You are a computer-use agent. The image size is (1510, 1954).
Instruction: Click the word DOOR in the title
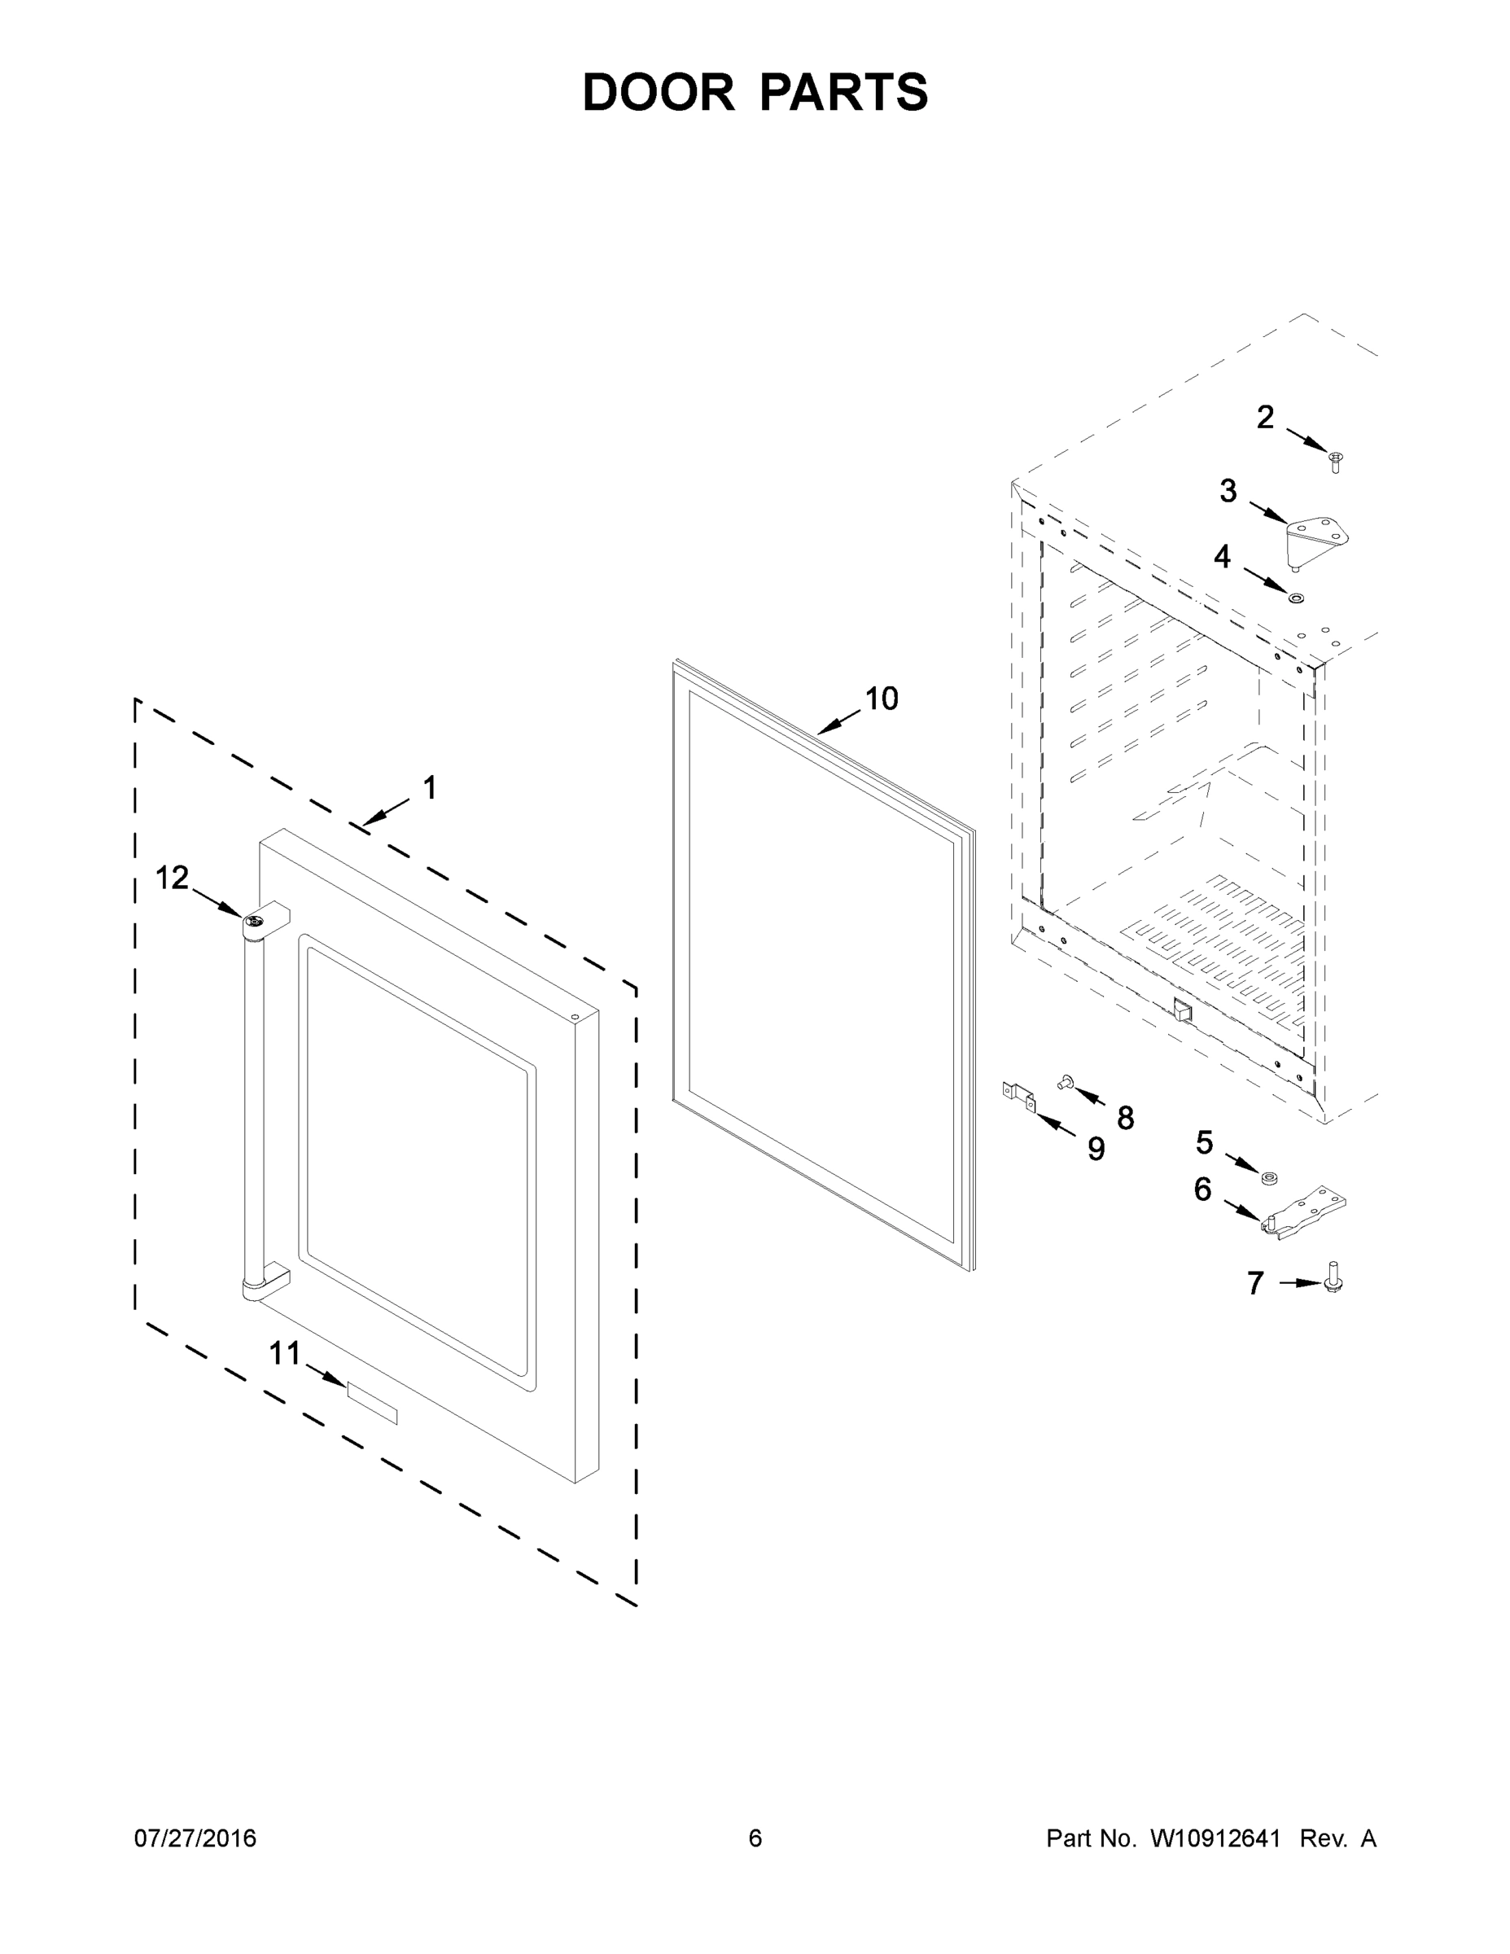pyautogui.click(x=659, y=92)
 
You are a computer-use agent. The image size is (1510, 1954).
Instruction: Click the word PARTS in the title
pyautogui.click(x=843, y=92)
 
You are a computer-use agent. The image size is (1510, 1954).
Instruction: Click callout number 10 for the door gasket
pyautogui.click(x=881, y=699)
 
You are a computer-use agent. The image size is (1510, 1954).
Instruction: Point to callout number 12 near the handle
pyautogui.click(x=172, y=878)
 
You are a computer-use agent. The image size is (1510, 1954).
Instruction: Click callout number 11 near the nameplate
pyautogui.click(x=284, y=1354)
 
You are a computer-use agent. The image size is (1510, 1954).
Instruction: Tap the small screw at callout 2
pyautogui.click(x=1336, y=462)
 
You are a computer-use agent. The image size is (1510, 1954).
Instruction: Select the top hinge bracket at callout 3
pyautogui.click(x=1315, y=539)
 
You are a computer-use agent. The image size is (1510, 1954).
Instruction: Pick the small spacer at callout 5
pyautogui.click(x=1267, y=1177)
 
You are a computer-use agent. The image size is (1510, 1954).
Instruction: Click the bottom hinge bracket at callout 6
pyautogui.click(x=1304, y=1215)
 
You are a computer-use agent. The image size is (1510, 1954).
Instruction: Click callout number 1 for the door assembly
pyautogui.click(x=429, y=788)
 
